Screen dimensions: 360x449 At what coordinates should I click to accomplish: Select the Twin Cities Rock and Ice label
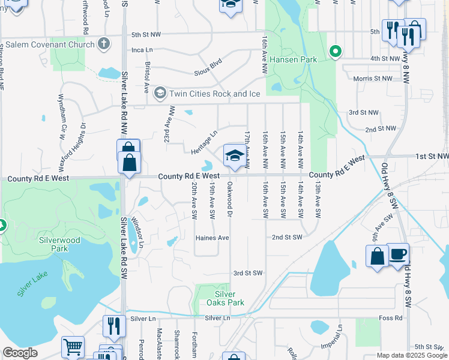click(208, 94)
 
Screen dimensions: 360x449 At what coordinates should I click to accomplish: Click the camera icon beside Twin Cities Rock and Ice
click(160, 93)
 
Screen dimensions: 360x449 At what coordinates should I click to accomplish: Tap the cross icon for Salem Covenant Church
click(104, 43)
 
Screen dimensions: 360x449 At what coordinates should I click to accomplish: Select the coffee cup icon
click(397, 254)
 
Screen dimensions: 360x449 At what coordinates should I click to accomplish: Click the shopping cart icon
click(73, 347)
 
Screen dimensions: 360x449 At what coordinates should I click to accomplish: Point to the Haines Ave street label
click(212, 238)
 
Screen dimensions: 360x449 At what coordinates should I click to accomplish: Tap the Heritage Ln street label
click(203, 142)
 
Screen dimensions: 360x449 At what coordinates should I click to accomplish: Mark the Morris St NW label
click(373, 79)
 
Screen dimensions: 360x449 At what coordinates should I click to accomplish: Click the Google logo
click(20, 352)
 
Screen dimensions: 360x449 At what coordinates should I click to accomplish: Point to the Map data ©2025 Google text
click(411, 355)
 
